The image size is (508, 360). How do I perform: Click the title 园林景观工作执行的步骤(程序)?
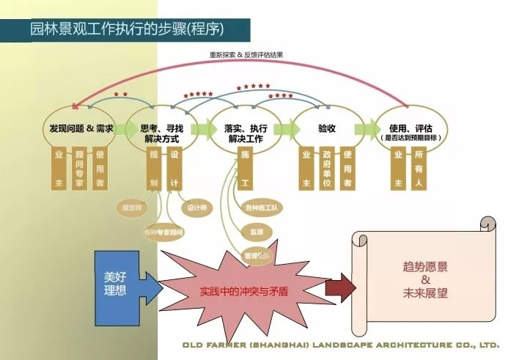(x=127, y=29)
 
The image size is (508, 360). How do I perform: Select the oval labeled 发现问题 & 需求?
(x=81, y=129)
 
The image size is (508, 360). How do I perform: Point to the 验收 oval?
(x=327, y=129)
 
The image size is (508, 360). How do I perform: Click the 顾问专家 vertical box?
(x=79, y=170)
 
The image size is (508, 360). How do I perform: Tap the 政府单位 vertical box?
(x=327, y=170)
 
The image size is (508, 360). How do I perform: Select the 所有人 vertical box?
(x=419, y=170)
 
